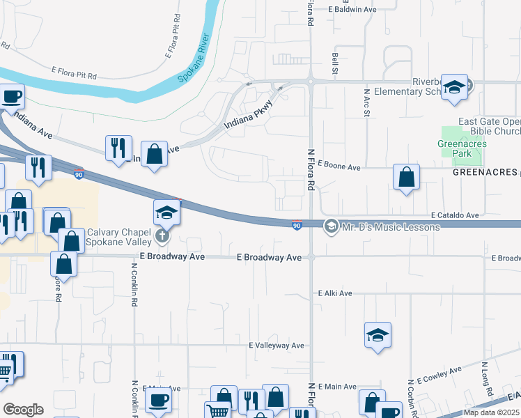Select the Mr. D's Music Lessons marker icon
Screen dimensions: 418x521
(332, 226)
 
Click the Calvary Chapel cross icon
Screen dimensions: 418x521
(162, 236)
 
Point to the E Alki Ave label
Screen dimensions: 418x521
(335, 294)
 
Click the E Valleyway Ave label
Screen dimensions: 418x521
(277, 346)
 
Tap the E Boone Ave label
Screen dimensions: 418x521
(339, 167)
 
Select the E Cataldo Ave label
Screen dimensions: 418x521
(454, 216)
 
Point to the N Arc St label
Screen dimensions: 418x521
(365, 102)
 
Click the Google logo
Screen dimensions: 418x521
(23, 410)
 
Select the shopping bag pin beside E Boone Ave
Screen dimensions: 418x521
(406, 178)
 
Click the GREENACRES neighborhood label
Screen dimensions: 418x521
(482, 171)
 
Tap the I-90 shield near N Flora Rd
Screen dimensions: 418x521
(297, 225)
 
